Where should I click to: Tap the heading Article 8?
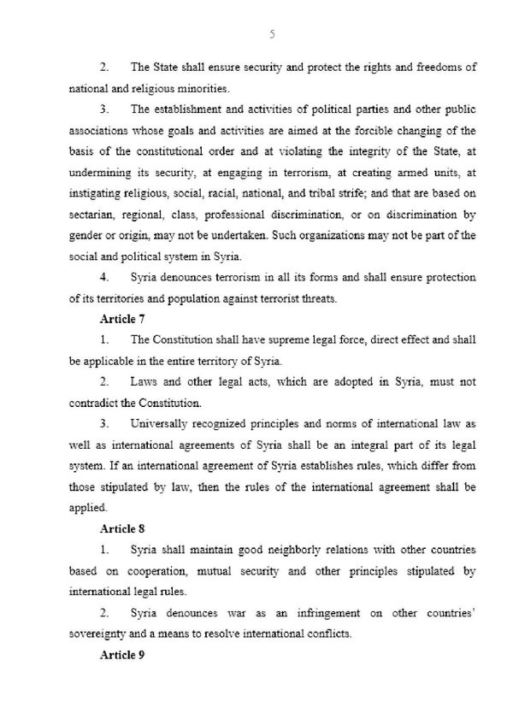coord(124,528)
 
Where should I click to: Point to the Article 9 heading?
coord(124,655)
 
